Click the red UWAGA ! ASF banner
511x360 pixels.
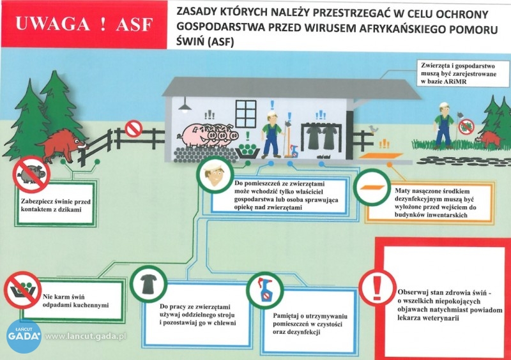(84, 24)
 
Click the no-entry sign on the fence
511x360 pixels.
(133, 129)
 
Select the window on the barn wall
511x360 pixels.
(246, 114)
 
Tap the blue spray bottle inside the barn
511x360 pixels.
(294, 151)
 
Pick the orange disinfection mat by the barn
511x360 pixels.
(381, 156)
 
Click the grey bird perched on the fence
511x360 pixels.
(373, 130)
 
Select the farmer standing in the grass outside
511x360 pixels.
(443, 126)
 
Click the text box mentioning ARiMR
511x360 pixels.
(463, 73)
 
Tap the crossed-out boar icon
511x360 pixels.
(31, 174)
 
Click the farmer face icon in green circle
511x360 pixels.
(215, 176)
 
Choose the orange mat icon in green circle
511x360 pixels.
(372, 187)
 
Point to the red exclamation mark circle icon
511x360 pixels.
(377, 288)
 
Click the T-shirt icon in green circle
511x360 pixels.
(148, 284)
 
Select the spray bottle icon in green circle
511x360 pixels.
(264, 290)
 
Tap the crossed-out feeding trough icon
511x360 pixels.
(22, 290)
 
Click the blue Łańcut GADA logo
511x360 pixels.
(24, 336)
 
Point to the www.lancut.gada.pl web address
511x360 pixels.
(86, 336)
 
